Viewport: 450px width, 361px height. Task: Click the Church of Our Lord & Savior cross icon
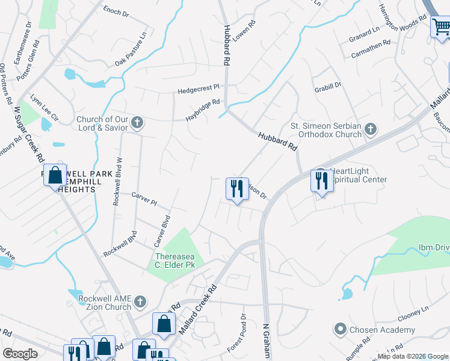137,123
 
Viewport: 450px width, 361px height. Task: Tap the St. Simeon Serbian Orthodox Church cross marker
371,129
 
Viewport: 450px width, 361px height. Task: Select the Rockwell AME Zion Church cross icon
140,301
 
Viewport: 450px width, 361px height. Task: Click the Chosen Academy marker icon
341,329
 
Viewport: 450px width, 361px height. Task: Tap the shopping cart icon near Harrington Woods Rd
441,27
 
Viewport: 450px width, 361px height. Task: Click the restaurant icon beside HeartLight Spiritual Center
321,180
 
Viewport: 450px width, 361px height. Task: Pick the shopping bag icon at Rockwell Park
55,176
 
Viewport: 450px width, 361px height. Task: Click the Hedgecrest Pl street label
199,90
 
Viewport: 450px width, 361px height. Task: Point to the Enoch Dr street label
116,11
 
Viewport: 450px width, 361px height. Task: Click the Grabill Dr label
328,87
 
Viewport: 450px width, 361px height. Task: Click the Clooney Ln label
412,314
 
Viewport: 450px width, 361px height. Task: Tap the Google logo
20,353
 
